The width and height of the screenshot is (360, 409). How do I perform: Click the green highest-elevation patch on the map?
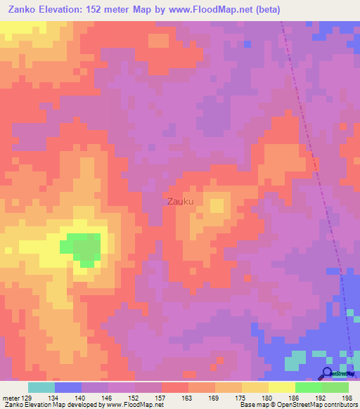(83, 248)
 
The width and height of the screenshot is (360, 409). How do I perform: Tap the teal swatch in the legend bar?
(41, 387)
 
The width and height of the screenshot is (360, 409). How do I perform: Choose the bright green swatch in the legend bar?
(308, 387)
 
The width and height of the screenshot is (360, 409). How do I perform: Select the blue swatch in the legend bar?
(68, 387)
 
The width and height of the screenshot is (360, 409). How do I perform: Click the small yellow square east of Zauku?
(217, 206)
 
